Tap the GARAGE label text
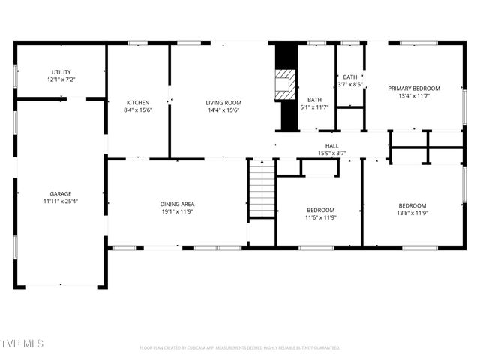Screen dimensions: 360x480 pyautogui.click(x=61, y=193)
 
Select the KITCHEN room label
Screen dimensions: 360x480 pyautogui.click(x=138, y=103)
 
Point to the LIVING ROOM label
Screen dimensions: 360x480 pyautogui.click(x=223, y=103)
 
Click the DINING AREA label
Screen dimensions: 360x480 pyautogui.click(x=177, y=204)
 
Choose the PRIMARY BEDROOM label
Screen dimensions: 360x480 pyautogui.click(x=414, y=88)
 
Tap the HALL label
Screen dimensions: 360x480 pyautogui.click(x=331, y=146)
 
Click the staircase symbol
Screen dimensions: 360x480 pyautogui.click(x=262, y=189)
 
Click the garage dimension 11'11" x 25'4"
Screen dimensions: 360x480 pyautogui.click(x=61, y=201)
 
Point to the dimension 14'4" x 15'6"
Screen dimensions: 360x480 pyautogui.click(x=223, y=110)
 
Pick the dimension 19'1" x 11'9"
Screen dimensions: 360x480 pyautogui.click(x=177, y=211)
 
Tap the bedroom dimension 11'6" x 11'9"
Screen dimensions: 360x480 pyautogui.click(x=320, y=217)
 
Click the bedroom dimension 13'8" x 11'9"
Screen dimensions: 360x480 pyautogui.click(x=412, y=213)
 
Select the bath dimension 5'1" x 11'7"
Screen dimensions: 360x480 pyautogui.click(x=314, y=107)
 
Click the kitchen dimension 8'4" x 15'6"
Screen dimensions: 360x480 pyautogui.click(x=138, y=110)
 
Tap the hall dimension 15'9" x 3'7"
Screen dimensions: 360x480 pyautogui.click(x=331, y=154)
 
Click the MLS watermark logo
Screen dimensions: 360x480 pyautogui.click(x=22, y=343)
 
